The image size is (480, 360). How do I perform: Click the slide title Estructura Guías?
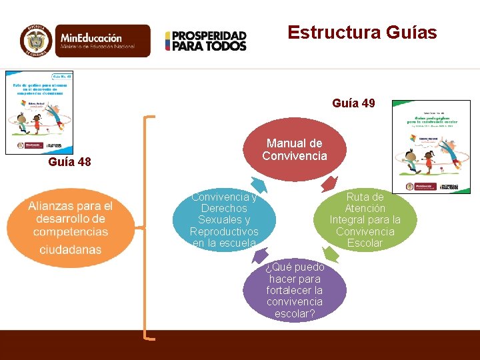[x=362, y=33]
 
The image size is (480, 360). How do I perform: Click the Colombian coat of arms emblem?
[x=36, y=41]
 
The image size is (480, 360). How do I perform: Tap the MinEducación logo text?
[x=97, y=41]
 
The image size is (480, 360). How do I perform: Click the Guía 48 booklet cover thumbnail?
[x=39, y=112]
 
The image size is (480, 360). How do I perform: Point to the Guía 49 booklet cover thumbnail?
[x=431, y=147]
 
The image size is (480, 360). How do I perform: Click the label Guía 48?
[x=70, y=162]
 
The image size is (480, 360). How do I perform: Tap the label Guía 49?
[x=353, y=103]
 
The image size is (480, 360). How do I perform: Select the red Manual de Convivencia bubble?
[x=294, y=150]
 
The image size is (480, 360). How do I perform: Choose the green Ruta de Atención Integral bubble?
[x=365, y=219]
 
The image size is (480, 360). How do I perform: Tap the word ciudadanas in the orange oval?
[x=70, y=249]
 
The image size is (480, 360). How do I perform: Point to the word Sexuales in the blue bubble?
[x=224, y=220]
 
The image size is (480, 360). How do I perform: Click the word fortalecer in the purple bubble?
[x=294, y=290]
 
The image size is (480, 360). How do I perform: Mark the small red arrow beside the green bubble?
[x=329, y=183]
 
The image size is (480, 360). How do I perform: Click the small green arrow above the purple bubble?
[x=330, y=253]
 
